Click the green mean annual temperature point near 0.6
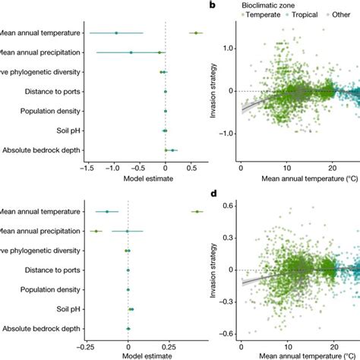tap(196, 33)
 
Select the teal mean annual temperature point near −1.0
tap(115, 33)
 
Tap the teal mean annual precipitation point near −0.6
tap(131, 52)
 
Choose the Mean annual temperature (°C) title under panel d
tap(298, 355)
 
